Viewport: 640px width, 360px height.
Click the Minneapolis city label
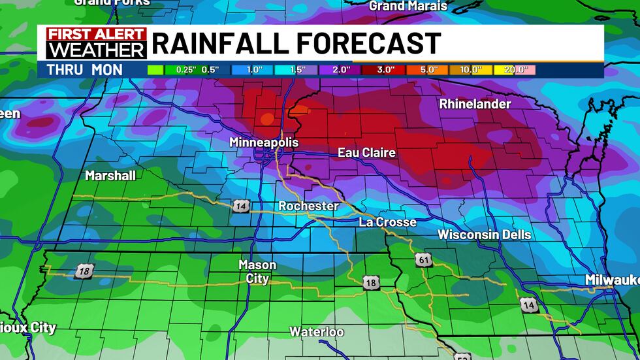point(263,142)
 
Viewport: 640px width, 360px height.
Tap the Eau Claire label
point(366,152)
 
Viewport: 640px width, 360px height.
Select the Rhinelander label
point(475,104)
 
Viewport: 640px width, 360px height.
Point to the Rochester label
point(308,206)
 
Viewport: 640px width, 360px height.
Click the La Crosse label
point(387,222)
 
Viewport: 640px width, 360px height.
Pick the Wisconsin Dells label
point(484,235)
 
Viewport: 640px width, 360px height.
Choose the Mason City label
point(257,272)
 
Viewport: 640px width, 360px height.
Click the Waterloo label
point(317,332)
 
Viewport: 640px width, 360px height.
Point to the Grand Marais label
point(408,6)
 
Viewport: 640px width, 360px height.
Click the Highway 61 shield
point(423,260)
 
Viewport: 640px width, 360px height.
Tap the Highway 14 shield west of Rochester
point(239,206)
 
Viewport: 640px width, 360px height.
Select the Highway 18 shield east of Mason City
point(371,283)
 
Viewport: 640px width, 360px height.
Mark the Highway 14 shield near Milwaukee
point(528,304)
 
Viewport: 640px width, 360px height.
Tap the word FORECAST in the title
point(370,43)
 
